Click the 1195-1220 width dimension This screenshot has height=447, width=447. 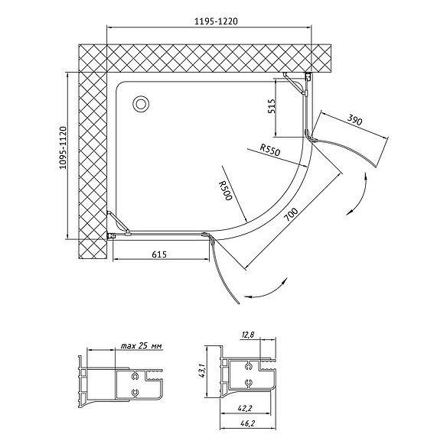pos(216,21)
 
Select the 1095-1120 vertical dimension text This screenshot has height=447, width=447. pos(63,147)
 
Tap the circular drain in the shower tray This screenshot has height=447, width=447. pos(140,104)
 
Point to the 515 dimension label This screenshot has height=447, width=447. pos(272,106)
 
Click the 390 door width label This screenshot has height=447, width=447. pos(355,120)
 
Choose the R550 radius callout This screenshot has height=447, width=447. pos(270,150)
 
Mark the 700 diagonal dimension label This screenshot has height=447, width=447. pos(291,215)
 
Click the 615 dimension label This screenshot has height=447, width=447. pos(159,254)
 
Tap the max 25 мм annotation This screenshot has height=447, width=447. pos(142,346)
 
